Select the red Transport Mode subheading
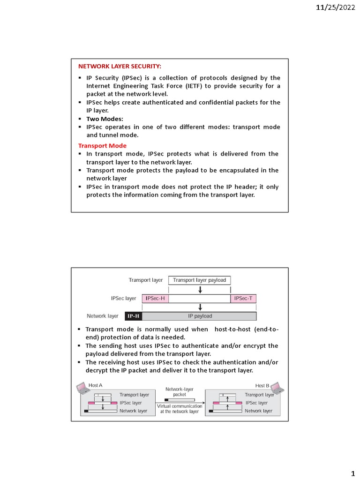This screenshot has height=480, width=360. coord(102,145)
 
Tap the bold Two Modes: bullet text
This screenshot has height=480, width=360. coord(105,119)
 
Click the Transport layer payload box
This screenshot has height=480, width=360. coord(199,280)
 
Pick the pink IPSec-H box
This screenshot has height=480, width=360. coord(155,298)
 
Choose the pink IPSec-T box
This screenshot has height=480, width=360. coord(243,298)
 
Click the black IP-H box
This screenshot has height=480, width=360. coord(134,316)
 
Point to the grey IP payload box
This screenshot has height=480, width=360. coord(200,316)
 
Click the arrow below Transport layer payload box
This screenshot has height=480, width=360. coord(200,290)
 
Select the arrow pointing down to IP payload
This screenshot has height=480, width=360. coord(200,307)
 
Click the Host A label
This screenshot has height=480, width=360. coord(96,385)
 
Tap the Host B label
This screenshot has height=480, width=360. coord(262,385)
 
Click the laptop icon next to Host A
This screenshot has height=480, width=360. coord(82,387)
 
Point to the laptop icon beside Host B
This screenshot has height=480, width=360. coord(277,387)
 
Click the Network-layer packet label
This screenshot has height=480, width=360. coord(180,392)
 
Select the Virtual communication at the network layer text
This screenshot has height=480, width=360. coord(180,409)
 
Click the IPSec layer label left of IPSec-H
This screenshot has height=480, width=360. coord(123,298)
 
